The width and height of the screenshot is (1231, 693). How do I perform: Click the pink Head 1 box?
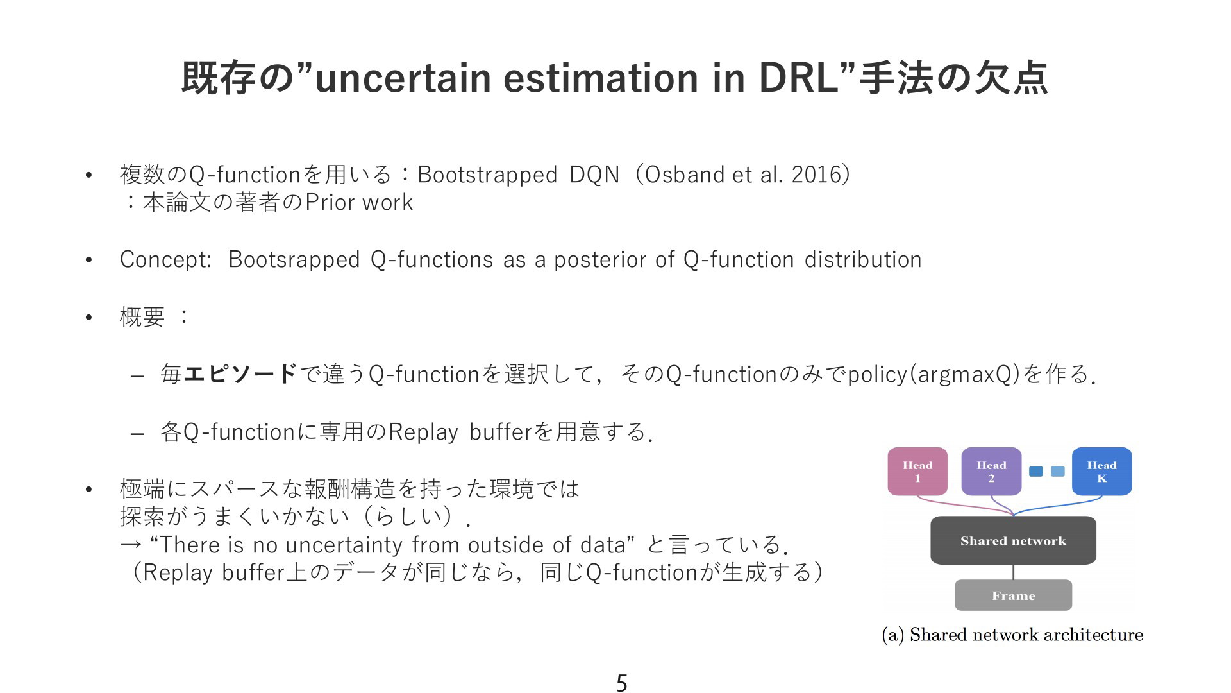(x=917, y=472)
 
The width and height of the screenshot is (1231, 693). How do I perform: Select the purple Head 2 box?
(x=991, y=472)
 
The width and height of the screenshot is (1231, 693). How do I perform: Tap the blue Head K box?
(x=1101, y=472)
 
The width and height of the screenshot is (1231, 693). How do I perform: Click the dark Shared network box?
(x=1013, y=540)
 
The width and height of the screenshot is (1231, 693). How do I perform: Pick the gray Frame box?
(x=1013, y=595)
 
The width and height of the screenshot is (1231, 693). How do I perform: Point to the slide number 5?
(x=621, y=683)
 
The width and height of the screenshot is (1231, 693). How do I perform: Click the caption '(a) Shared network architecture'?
(x=1012, y=635)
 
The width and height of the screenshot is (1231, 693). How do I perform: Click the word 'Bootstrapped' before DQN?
(x=487, y=175)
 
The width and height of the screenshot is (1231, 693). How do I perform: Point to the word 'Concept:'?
(x=165, y=260)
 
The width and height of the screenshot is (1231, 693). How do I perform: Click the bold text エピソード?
(x=240, y=373)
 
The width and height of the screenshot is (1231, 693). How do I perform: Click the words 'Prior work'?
(x=359, y=203)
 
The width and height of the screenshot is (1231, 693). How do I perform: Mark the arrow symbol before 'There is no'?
(x=131, y=545)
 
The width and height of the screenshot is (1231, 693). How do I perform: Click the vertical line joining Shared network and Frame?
(x=1013, y=572)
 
